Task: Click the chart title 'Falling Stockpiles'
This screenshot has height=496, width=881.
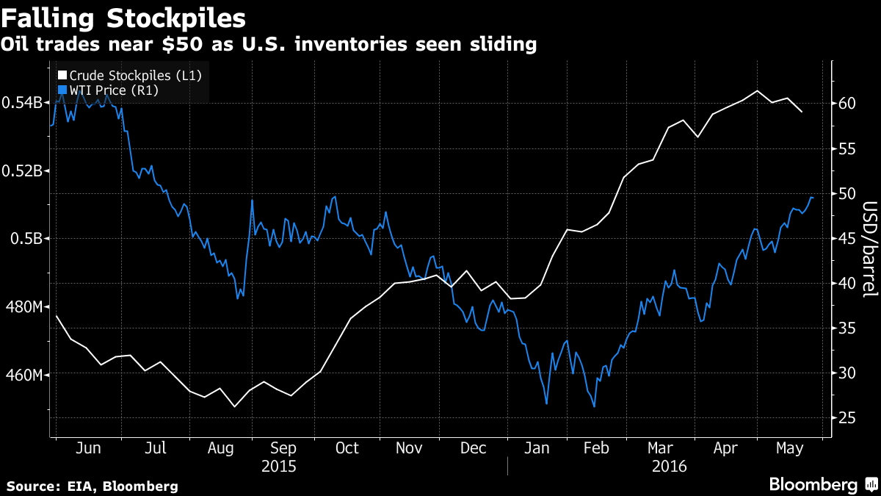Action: (123, 16)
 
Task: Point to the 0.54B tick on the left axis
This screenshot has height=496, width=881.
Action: (23, 102)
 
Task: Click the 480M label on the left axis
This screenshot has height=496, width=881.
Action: (23, 306)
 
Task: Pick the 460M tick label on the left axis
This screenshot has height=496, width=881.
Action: (23, 375)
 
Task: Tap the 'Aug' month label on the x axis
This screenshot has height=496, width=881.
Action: (220, 448)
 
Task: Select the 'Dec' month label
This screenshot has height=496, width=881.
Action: (473, 448)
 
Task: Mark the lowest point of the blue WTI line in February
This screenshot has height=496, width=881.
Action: (593, 406)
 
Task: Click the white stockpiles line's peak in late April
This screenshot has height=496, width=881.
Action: (757, 90)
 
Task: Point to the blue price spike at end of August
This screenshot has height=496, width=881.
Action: (252, 200)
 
